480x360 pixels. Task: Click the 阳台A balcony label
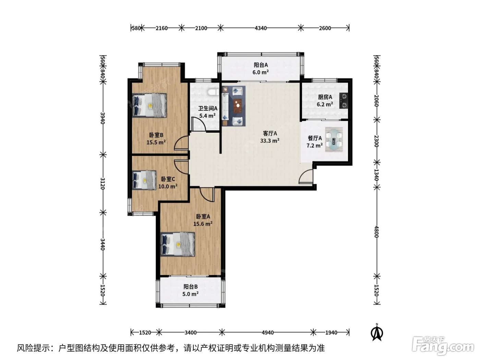[261, 65]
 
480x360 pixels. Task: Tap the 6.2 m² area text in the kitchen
[325, 104]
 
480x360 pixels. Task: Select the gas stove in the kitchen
[344, 101]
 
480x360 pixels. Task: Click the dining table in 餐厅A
[334, 140]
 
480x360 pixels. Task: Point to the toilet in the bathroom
[213, 92]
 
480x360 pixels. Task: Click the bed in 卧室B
[149, 106]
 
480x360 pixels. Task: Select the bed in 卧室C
[144, 180]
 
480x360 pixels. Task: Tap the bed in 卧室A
[178, 244]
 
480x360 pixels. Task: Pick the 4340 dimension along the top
[261, 28]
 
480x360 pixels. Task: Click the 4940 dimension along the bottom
[267, 333]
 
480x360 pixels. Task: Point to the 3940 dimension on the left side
[103, 118]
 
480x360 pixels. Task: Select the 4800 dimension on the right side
[376, 232]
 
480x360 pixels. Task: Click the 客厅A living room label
[270, 133]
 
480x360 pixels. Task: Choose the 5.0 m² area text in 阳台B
[191, 294]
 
